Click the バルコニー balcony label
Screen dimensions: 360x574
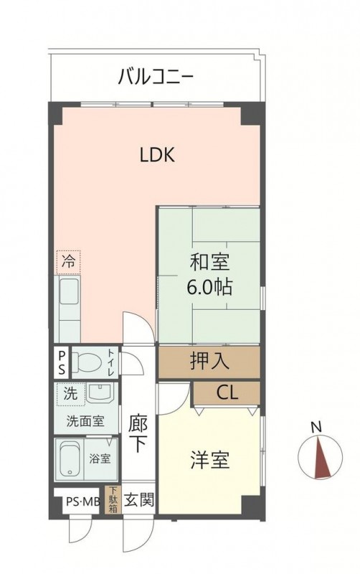click(156, 77)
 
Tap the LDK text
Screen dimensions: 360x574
click(157, 155)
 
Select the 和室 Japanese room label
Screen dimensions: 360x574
click(209, 263)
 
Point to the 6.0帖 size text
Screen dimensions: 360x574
click(209, 287)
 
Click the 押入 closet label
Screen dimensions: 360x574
click(209, 361)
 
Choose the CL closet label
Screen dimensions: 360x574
click(227, 392)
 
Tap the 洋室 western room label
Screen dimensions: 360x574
click(209, 460)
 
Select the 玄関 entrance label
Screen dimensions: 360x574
click(138, 499)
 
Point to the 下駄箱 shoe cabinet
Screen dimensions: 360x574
click(113, 499)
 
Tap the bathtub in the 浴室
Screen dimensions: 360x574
click(69, 459)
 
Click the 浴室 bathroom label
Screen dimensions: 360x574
click(100, 458)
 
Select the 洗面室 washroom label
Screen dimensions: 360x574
click(85, 421)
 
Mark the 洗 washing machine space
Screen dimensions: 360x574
click(70, 394)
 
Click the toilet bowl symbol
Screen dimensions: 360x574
click(87, 362)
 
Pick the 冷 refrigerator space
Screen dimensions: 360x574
click(68, 262)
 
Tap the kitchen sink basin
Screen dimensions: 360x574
click(69, 291)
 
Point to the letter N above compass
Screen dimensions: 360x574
click(316, 427)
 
